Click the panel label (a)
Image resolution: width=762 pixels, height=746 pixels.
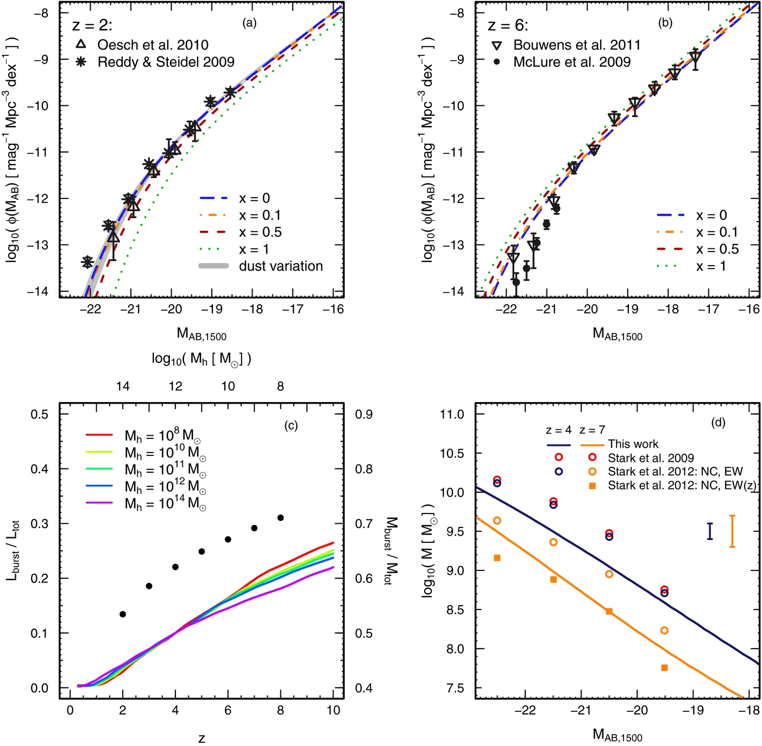249,23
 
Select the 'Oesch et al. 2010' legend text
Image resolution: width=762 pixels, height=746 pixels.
153,45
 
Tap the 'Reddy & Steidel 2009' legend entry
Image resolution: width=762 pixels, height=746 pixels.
166,62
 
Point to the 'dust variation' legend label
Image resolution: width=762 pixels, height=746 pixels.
281,266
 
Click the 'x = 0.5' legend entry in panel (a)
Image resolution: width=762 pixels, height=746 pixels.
260,232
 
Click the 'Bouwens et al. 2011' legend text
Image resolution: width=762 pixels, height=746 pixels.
577,45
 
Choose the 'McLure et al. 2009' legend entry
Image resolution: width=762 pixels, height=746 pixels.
572,62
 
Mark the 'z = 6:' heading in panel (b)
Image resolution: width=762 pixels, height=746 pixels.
508,26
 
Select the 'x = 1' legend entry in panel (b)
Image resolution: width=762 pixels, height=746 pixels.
710,266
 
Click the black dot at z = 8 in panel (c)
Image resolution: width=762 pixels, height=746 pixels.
281,518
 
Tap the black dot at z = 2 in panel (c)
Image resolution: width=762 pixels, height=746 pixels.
123,614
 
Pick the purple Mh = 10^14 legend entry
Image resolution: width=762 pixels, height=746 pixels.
165,504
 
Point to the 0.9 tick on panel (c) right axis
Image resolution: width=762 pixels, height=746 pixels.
364,415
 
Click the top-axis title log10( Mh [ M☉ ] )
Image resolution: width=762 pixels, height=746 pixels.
201,359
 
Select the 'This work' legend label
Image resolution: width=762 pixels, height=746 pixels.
633,444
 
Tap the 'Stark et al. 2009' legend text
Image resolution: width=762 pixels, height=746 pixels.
651,458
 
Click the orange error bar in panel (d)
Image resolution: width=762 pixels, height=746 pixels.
732,531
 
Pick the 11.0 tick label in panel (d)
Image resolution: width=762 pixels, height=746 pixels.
452,415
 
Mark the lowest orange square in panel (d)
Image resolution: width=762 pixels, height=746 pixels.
664,668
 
